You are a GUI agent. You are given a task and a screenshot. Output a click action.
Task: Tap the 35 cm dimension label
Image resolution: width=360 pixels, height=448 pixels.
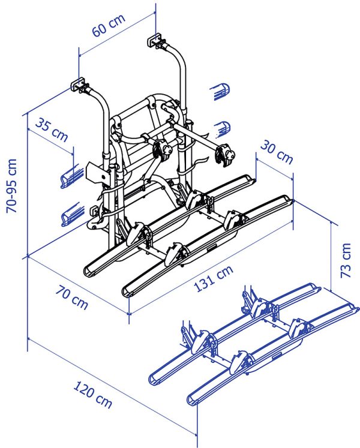[52, 130]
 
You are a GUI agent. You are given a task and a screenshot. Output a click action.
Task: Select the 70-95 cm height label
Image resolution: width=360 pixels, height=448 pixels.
[12, 186]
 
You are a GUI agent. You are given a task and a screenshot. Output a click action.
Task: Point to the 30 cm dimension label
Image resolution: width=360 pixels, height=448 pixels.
[277, 152]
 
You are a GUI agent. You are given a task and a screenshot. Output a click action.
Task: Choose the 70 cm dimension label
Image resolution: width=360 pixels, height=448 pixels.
[71, 297]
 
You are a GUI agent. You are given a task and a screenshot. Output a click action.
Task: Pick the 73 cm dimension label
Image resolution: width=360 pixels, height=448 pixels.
[346, 260]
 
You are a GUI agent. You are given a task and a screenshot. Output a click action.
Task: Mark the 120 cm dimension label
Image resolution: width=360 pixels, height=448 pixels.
[92, 394]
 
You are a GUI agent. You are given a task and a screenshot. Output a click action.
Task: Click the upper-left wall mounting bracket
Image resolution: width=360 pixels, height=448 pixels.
[78, 84]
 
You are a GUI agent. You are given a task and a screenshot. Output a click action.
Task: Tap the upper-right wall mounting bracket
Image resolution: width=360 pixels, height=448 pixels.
[155, 40]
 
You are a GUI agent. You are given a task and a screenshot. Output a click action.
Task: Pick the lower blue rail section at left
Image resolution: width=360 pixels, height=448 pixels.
[73, 214]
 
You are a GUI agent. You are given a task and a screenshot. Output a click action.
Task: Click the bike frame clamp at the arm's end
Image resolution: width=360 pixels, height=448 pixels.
[225, 154]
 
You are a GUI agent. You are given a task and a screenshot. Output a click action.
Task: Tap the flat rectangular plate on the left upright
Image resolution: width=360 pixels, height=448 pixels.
[98, 173]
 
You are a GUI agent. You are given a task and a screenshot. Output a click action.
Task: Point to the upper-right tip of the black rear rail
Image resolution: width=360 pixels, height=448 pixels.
[253, 180]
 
